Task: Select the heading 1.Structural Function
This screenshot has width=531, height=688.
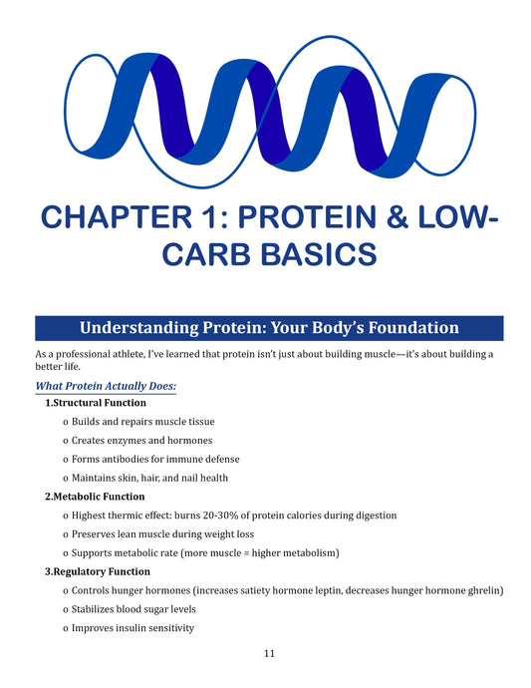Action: click(96, 403)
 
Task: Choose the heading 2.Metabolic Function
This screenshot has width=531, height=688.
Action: click(95, 497)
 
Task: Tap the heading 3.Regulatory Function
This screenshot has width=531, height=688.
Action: click(98, 571)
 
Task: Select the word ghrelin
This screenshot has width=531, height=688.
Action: click(483, 590)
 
